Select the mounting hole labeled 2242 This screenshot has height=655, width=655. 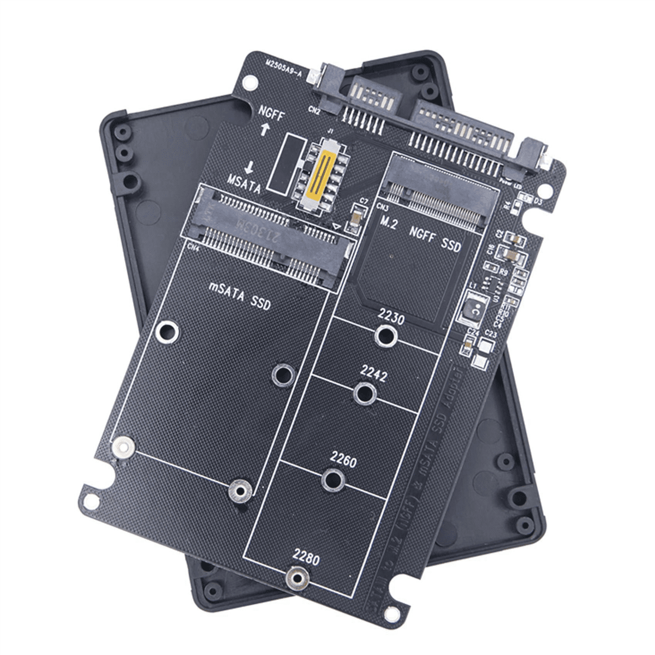pos(365,394)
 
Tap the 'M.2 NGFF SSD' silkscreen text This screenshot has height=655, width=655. pos(421,235)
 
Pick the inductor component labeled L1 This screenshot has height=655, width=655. pos(473,309)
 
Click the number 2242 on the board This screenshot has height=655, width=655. pos(374,376)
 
